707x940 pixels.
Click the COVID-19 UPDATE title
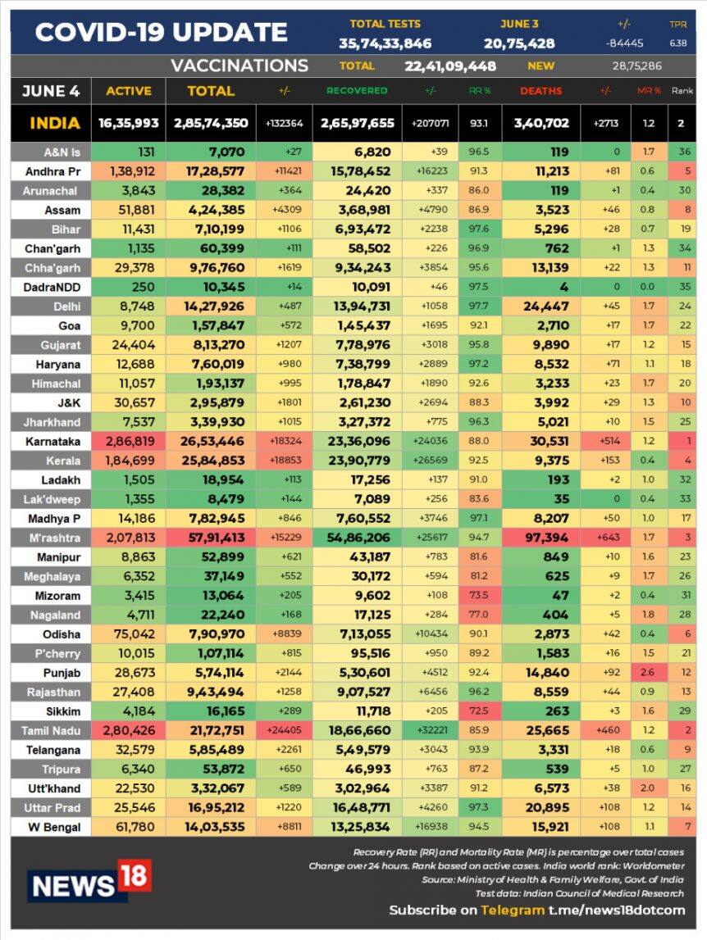(x=161, y=33)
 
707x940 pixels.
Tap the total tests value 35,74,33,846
(x=385, y=43)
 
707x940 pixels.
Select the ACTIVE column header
(x=128, y=91)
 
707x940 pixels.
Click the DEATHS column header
(x=541, y=91)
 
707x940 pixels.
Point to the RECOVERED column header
(x=357, y=91)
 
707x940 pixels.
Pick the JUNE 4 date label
(x=51, y=91)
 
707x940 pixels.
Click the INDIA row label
(x=55, y=124)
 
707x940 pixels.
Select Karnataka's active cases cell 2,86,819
(x=128, y=441)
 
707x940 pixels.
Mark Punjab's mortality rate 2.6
(x=648, y=672)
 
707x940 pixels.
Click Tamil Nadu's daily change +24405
(x=284, y=730)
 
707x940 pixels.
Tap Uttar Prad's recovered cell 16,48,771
(x=357, y=807)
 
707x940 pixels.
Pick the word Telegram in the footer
(x=513, y=910)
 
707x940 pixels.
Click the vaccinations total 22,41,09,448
(x=450, y=66)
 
